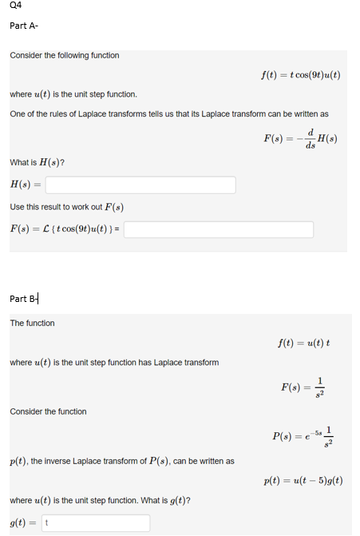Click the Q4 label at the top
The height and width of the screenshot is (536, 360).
16,6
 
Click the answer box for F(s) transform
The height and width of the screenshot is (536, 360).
218,229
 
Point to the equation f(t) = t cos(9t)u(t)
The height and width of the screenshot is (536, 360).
300,75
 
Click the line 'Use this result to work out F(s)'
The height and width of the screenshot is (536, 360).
66,208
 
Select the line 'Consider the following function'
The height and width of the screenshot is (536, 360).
65,55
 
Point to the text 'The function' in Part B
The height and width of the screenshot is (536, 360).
32,323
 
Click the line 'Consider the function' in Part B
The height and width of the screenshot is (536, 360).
48,411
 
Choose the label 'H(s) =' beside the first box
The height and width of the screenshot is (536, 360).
26,185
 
